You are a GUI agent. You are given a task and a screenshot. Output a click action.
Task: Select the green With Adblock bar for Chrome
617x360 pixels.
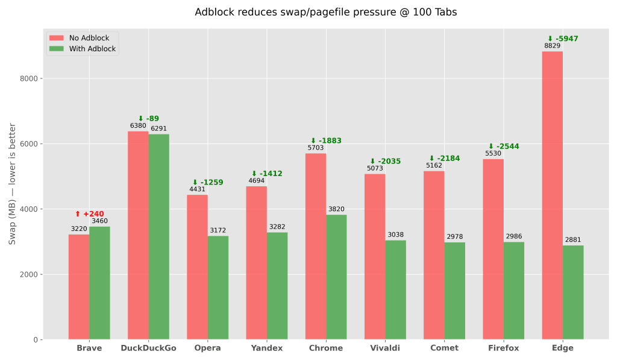[x=336, y=277]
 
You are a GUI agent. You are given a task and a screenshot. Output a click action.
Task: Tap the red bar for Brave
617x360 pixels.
[x=79, y=286]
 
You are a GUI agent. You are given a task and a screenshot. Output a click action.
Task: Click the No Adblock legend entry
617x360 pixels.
[x=81, y=38]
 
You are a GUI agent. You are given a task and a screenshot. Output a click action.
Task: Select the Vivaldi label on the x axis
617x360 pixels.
[x=385, y=348]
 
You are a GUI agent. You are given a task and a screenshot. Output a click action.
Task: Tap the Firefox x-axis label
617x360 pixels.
[x=504, y=348]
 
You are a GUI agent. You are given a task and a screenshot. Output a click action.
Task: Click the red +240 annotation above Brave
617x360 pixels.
[x=89, y=214]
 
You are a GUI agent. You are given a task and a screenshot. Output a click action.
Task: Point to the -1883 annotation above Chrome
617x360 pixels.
[x=326, y=141]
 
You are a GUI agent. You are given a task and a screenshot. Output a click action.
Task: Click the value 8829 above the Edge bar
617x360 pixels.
[x=552, y=46]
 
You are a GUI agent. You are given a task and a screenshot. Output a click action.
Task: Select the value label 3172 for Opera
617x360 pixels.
[x=218, y=230]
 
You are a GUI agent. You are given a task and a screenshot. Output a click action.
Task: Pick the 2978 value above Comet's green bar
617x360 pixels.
[x=455, y=237]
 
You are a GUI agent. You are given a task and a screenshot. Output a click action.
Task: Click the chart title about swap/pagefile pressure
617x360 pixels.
[x=326, y=12]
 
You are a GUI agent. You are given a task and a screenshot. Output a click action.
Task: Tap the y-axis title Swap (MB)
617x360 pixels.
[x=12, y=184]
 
